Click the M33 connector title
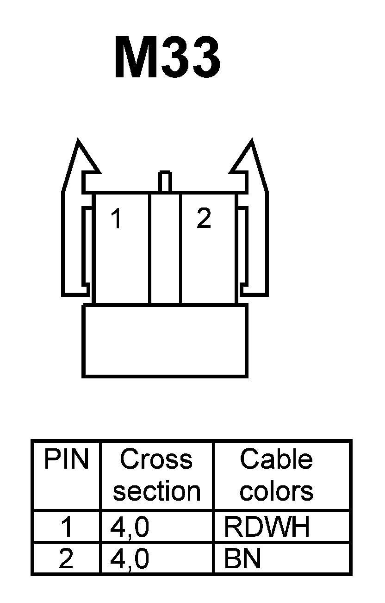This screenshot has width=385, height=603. point(167,58)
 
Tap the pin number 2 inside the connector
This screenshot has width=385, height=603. point(204,218)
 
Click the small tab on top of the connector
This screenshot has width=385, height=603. point(165,181)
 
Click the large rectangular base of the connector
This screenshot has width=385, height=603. point(165,340)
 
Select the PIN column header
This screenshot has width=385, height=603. point(66,460)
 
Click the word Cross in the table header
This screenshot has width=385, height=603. point(156,460)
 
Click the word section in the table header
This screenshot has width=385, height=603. point(156,491)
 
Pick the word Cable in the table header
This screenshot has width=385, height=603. point(276,460)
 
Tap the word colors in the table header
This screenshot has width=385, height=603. point(276,491)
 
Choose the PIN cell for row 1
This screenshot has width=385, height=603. point(66,527)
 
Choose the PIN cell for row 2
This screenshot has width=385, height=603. point(66,559)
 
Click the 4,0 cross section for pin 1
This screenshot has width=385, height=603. point(130,527)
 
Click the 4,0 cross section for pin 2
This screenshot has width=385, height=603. point(130,559)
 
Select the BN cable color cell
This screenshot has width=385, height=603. point(242,559)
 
